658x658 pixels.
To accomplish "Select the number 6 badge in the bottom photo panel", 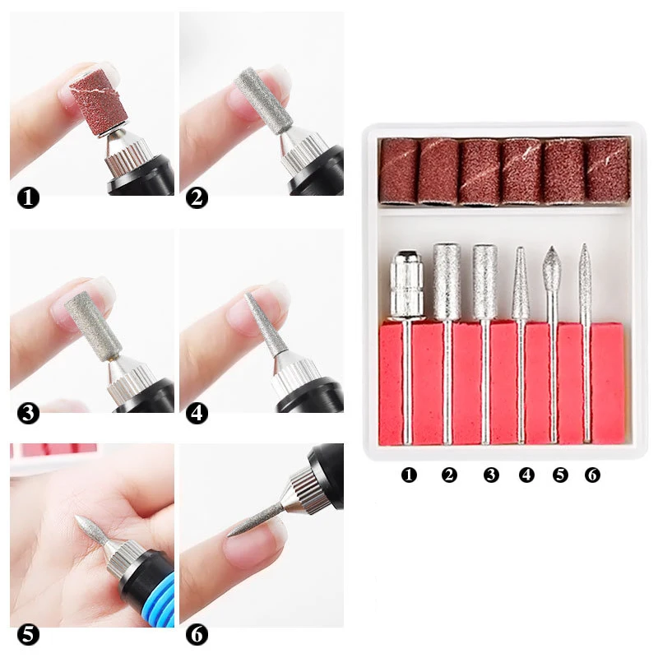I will coord(197,635).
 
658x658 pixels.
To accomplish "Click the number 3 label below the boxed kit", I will coord(491,475).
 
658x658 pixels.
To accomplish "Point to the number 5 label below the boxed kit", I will coord(560,475).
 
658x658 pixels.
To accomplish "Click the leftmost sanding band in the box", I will coord(399,171).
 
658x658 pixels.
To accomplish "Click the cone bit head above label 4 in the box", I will coord(521,284).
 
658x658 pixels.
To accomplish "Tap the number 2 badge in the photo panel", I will coord(197,198).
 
